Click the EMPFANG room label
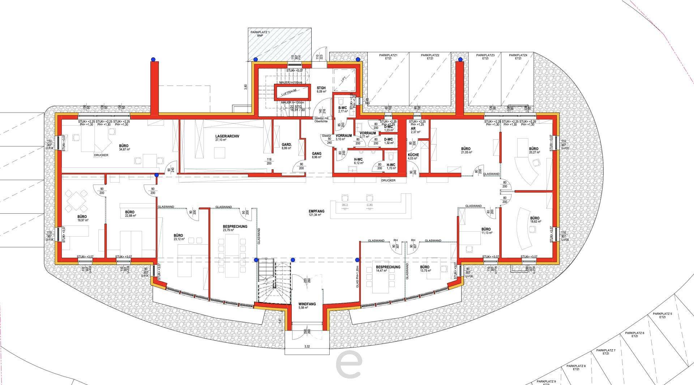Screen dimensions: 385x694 (x=316, y=211)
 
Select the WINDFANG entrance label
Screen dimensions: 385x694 (x=307, y=304)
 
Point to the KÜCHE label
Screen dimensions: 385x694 (x=413, y=155)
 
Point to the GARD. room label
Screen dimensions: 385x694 (x=287, y=145)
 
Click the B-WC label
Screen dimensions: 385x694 (x=342, y=108)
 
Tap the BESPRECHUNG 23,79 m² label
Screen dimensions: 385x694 (x=235, y=227)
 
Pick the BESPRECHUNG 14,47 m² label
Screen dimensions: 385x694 (x=388, y=267)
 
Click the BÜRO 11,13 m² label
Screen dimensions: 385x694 (x=486, y=229)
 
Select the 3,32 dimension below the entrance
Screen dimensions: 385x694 (x=307, y=346)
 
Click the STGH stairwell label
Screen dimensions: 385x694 (x=321, y=88)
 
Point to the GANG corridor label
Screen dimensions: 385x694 (x=316, y=154)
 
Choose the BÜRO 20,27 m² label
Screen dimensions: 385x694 (x=533, y=149)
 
